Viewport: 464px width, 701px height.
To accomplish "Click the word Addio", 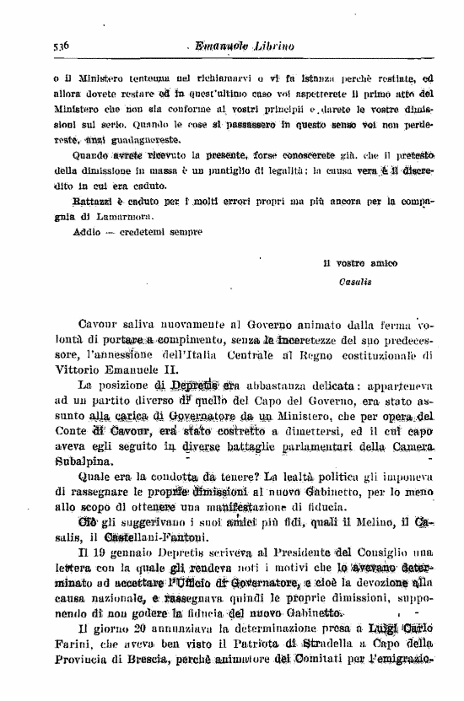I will (65, 230).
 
